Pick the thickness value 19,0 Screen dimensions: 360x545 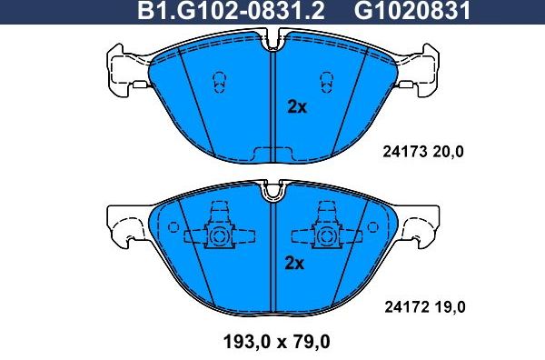(448, 307)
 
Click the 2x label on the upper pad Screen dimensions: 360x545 (296, 107)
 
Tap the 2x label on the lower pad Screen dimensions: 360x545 (293, 265)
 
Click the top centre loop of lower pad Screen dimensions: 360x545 (272, 192)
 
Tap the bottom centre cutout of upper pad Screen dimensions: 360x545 (272, 152)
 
